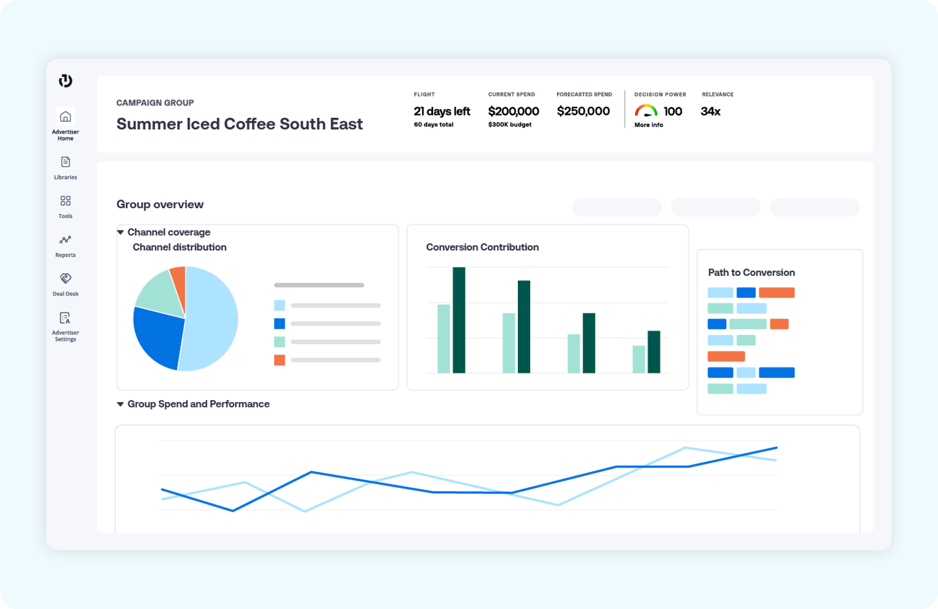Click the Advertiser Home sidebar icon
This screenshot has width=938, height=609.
click(65, 117)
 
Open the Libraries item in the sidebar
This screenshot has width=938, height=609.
click(65, 162)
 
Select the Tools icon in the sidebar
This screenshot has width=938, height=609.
click(65, 201)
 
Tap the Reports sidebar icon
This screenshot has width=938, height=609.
click(65, 240)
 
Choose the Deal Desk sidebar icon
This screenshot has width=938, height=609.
click(65, 279)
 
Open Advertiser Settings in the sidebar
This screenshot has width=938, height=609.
click(65, 318)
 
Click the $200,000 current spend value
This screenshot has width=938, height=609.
click(514, 111)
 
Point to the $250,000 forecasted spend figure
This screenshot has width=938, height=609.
click(583, 111)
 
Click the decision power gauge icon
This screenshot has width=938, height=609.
click(645, 110)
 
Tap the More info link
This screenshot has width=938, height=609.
click(649, 125)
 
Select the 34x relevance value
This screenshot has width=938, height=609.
click(710, 111)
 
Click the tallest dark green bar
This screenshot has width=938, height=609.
click(459, 320)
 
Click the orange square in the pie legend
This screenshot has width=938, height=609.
click(280, 360)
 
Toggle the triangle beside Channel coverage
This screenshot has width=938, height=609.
click(120, 232)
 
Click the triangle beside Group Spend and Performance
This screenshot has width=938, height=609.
click(120, 404)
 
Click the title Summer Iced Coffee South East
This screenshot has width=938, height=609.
click(239, 124)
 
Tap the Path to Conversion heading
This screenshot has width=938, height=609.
click(751, 272)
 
